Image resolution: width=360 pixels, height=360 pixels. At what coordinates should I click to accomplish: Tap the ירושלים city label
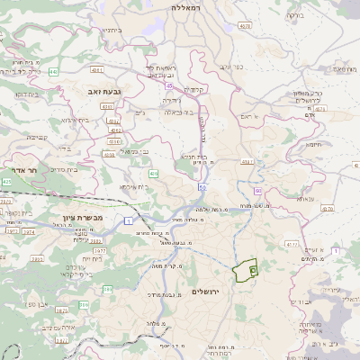pyautogui.click(x=206, y=292)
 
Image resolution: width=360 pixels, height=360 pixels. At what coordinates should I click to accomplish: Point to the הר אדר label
pyautogui.click(x=18, y=169)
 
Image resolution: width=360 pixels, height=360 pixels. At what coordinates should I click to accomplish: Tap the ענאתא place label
pyautogui.click(x=305, y=199)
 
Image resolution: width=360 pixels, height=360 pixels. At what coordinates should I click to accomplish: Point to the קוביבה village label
pyautogui.click(x=37, y=137)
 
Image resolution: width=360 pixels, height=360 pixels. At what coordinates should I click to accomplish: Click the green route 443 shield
pyautogui.click(x=54, y=71)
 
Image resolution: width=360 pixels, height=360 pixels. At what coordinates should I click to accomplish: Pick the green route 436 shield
pyautogui.click(x=154, y=173)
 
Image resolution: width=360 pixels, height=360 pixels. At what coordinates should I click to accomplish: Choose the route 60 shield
pyautogui.click(x=257, y=191)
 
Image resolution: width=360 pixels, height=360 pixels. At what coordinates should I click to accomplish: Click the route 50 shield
pyautogui.click(x=202, y=187)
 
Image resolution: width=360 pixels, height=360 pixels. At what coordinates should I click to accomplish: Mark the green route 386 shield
pyautogui.click(x=108, y=289)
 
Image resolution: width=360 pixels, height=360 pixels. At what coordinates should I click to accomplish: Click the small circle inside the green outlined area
pyautogui.click(x=253, y=269)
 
